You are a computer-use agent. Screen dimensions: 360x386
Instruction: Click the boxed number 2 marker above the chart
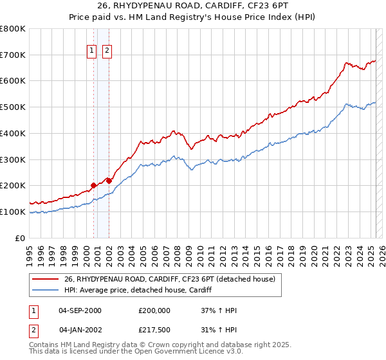pos(106,52)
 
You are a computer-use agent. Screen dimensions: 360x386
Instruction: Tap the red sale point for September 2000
pos(93,185)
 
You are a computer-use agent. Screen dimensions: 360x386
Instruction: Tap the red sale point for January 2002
pos(109,181)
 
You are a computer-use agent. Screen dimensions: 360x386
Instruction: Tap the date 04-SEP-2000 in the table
pos(80,310)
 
